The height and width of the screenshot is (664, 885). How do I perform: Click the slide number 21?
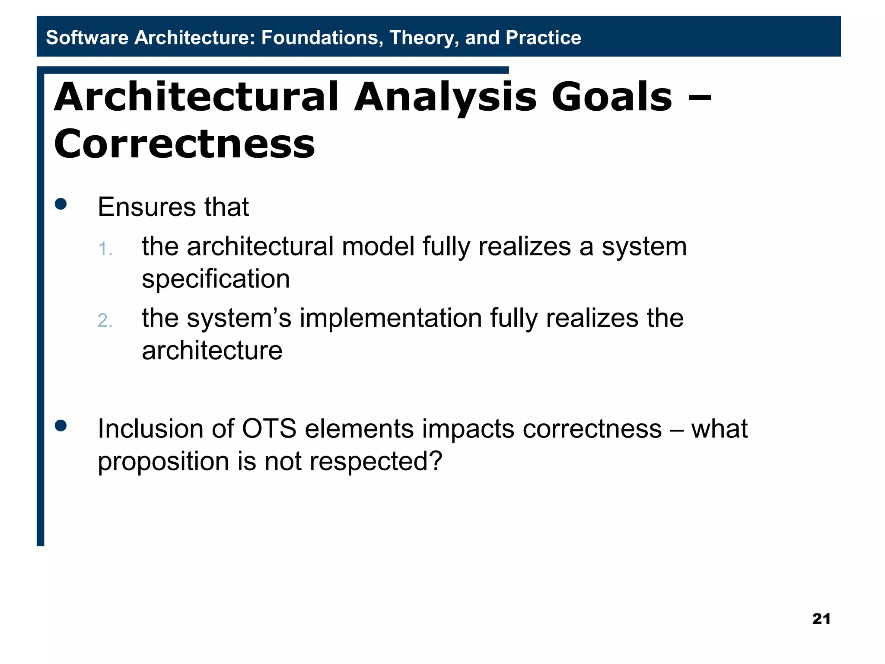coord(821,619)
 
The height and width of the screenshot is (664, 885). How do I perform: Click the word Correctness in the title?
coord(185,144)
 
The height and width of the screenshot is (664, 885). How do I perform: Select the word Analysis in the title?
coord(446,97)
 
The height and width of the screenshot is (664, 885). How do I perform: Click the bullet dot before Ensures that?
coord(61,204)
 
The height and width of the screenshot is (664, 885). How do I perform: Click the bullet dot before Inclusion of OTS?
coord(61,426)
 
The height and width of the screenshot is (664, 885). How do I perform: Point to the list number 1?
coord(105,249)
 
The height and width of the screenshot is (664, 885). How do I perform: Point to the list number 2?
coord(105,321)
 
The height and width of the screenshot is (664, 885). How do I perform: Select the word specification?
coord(216,279)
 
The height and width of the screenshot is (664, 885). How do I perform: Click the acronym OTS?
coord(269,429)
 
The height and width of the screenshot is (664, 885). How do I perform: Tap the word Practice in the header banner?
coord(543,38)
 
